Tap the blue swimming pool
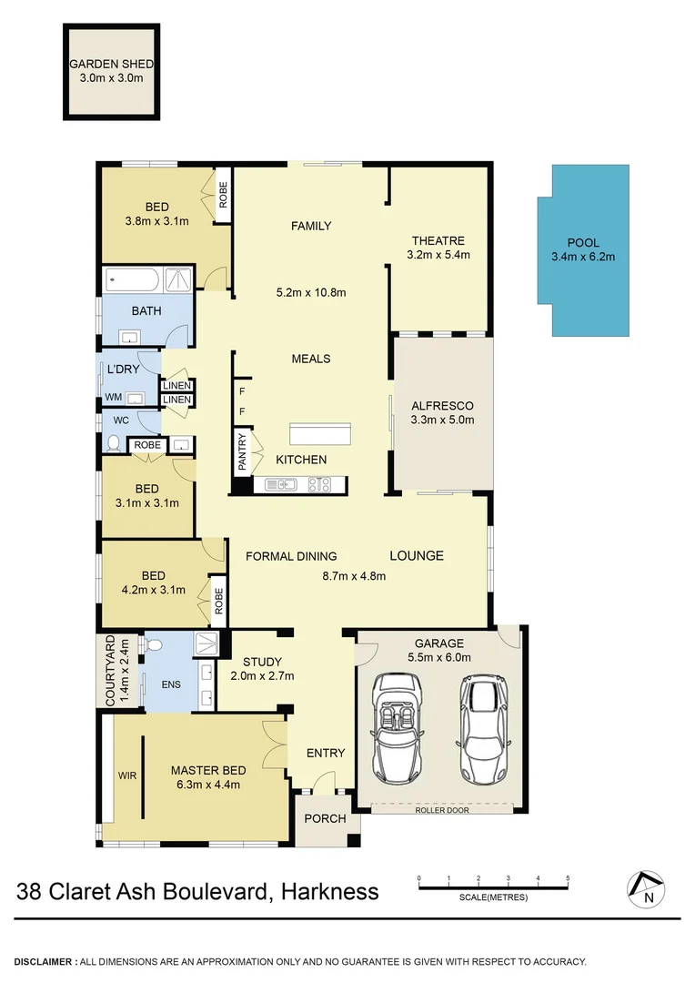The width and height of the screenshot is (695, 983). [x=582, y=250]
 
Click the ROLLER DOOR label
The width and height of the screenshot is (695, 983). [x=441, y=809]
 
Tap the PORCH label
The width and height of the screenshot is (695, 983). [x=325, y=818]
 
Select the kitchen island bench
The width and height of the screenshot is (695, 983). [x=320, y=433]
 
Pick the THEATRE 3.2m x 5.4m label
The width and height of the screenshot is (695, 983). [x=438, y=248]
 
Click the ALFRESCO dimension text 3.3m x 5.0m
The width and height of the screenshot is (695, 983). [x=442, y=420]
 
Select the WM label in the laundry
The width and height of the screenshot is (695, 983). [x=113, y=397]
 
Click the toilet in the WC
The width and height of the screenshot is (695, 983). [x=114, y=443]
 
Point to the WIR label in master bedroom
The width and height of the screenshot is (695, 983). [x=126, y=776]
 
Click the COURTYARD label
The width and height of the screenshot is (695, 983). [x=109, y=671]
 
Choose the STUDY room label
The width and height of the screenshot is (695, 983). [x=262, y=662]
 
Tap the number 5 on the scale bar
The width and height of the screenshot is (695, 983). [x=568, y=879]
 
